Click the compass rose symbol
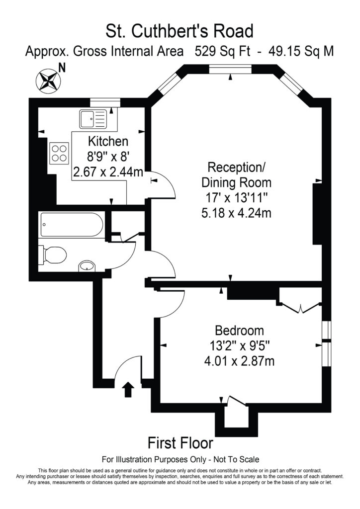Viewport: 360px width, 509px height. click(x=48, y=81)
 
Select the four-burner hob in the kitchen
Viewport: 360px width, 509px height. click(x=59, y=152)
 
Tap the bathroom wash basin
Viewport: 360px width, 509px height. click(x=87, y=266)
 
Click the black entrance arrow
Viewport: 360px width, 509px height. click(x=128, y=389)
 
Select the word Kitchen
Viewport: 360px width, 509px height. click(x=108, y=141)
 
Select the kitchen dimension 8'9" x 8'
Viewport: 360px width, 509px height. click(x=108, y=157)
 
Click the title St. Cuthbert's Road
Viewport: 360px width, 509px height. click(x=180, y=31)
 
